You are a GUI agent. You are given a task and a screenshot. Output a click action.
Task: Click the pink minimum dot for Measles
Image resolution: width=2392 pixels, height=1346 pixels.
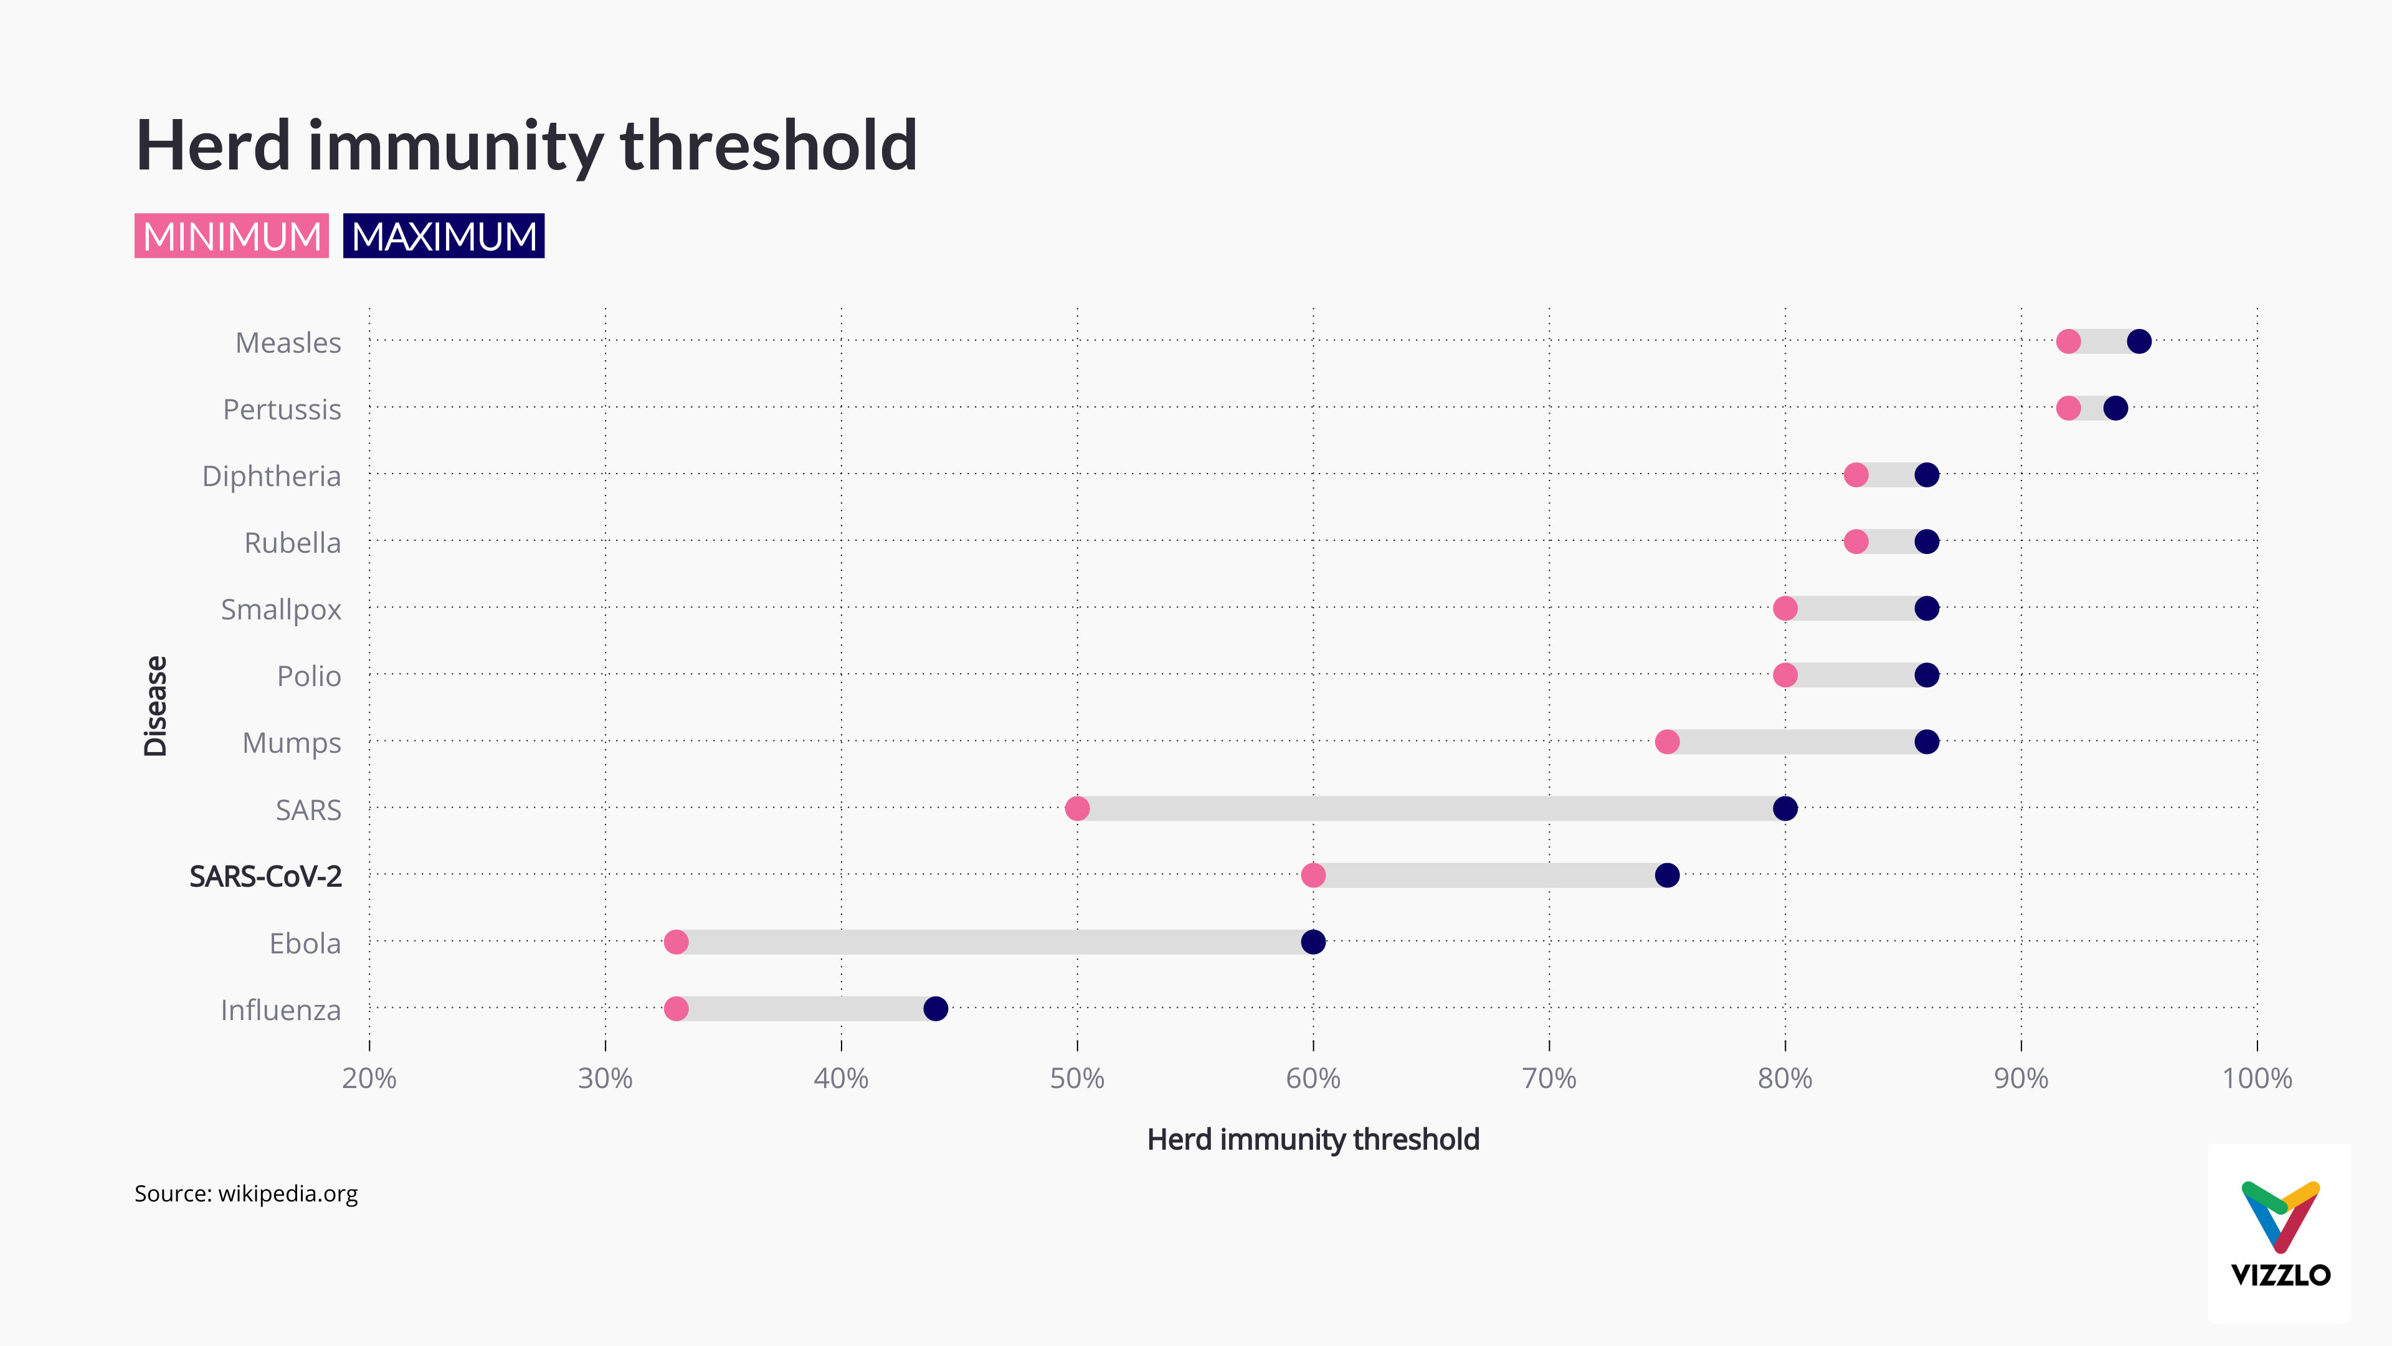click(x=2068, y=342)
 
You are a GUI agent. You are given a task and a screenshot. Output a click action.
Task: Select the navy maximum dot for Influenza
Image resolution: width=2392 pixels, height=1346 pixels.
click(x=935, y=1009)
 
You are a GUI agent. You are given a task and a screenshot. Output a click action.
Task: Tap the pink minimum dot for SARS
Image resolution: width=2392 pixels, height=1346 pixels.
click(x=1077, y=808)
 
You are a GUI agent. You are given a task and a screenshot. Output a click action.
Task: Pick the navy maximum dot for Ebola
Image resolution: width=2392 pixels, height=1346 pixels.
click(x=1313, y=942)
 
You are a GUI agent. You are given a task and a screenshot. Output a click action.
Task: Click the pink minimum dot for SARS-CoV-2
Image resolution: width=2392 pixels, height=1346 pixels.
click(x=1313, y=875)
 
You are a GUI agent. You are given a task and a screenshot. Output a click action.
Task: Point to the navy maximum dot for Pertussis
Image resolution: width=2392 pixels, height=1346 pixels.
click(x=2115, y=408)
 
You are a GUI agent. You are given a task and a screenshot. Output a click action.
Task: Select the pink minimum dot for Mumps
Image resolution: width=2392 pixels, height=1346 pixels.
click(x=1667, y=742)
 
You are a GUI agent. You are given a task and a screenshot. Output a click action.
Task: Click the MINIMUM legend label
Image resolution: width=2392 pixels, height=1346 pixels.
click(x=231, y=236)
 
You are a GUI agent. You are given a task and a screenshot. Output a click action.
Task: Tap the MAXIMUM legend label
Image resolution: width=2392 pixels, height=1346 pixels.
click(x=444, y=236)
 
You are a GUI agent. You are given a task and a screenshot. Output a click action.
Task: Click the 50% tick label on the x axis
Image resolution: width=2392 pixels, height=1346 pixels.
click(x=1077, y=1079)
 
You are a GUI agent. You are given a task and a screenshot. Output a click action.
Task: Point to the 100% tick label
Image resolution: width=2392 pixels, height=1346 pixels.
click(x=2256, y=1079)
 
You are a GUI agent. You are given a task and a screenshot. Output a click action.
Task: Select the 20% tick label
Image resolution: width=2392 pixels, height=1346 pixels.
click(x=369, y=1079)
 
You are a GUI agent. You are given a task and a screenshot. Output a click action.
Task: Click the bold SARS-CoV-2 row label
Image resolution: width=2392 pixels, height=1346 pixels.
click(x=265, y=876)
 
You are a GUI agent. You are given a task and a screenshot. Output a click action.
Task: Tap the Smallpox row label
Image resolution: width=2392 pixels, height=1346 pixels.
click(x=280, y=609)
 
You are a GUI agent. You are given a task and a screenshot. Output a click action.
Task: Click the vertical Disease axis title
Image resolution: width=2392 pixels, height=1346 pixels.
click(x=155, y=706)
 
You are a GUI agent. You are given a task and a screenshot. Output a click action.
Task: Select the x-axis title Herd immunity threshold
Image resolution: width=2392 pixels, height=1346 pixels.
click(x=1313, y=1140)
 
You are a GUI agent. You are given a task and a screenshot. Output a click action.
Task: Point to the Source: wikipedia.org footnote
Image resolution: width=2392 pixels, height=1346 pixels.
click(x=246, y=1194)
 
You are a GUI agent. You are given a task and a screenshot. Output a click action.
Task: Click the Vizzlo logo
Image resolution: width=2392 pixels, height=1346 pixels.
click(x=2280, y=1233)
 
